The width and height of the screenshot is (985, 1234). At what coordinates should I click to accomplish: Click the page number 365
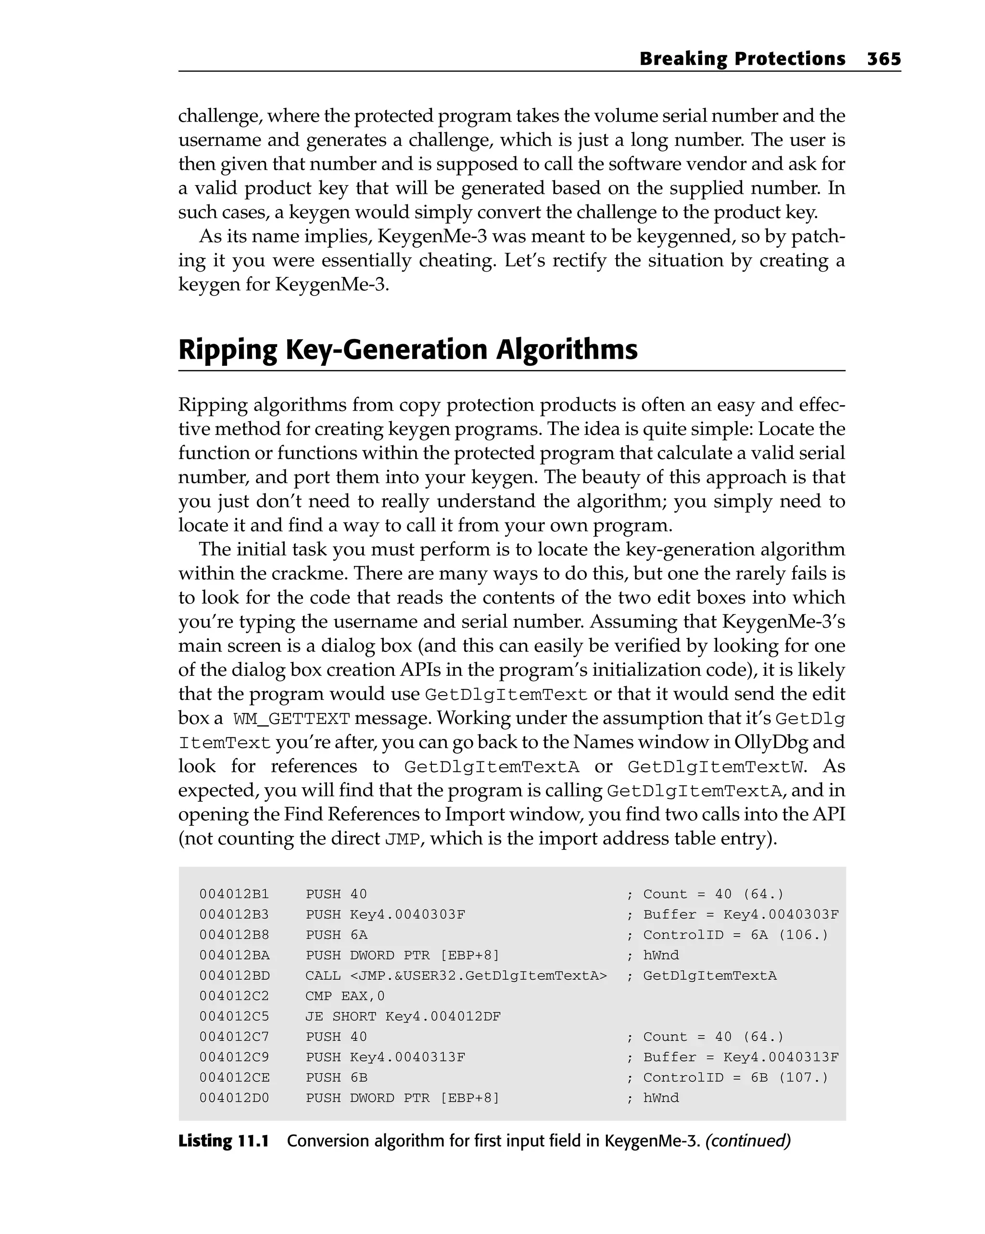click(884, 59)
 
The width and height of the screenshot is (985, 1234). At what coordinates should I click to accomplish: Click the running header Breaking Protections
click(742, 59)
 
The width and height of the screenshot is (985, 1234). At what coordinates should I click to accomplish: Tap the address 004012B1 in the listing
click(234, 894)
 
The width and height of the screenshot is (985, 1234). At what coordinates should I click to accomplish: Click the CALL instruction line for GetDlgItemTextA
click(455, 975)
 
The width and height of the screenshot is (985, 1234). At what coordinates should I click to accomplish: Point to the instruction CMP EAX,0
click(345, 996)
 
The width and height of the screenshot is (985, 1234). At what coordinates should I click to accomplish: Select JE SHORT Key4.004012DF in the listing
click(403, 1017)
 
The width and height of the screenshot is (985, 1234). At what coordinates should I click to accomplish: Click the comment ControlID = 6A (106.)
click(735, 935)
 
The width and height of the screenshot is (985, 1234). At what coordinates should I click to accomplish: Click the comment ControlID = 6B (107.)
click(735, 1078)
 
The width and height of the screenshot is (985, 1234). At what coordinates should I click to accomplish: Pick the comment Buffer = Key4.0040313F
click(741, 1057)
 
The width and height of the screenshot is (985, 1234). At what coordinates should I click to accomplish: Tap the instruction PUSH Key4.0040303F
click(385, 915)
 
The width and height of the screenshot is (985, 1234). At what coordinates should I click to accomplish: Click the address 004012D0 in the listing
click(234, 1098)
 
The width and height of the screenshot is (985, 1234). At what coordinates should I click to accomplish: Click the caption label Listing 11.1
click(223, 1141)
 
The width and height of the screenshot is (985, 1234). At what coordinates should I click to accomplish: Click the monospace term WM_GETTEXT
click(291, 719)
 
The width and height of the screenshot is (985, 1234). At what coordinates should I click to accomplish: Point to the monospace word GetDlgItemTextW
click(715, 767)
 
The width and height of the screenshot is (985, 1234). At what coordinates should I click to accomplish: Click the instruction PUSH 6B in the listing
click(336, 1078)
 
